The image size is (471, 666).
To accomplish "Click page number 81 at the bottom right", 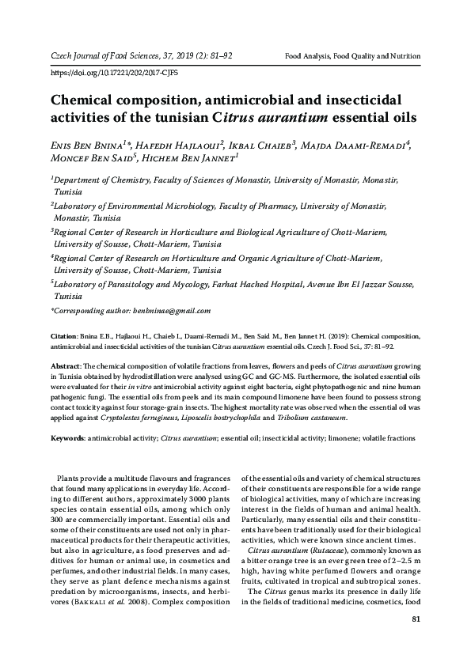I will (416, 619).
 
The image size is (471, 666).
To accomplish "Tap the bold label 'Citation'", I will (64, 335).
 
